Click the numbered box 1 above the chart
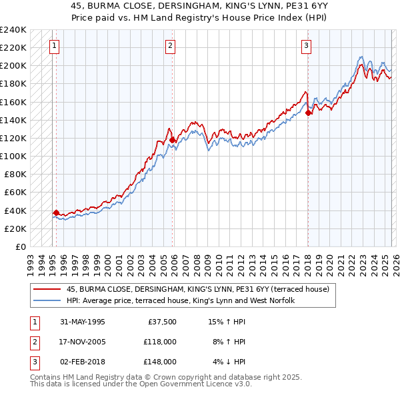(x=54, y=46)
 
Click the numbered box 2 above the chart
(x=171, y=46)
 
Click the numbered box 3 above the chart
(x=305, y=46)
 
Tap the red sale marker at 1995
(x=56, y=212)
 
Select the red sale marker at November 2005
(x=172, y=140)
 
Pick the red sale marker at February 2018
(x=308, y=113)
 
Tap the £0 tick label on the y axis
(x=20, y=246)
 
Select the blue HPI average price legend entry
(x=180, y=301)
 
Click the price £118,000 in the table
(x=161, y=342)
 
